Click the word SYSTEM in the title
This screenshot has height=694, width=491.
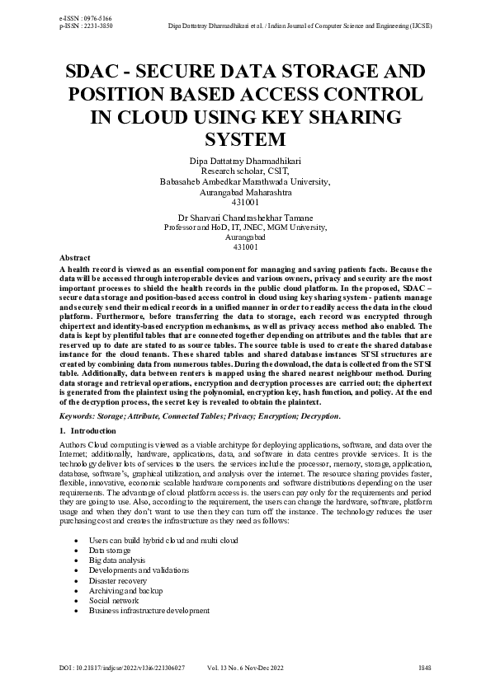[246, 137]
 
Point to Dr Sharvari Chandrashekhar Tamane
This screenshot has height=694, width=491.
[245, 217]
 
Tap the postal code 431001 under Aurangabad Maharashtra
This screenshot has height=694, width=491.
[245, 201]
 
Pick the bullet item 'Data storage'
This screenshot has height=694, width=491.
[110, 549]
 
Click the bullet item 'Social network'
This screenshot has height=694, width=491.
[114, 601]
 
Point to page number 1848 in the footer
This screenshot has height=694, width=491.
[424, 666]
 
